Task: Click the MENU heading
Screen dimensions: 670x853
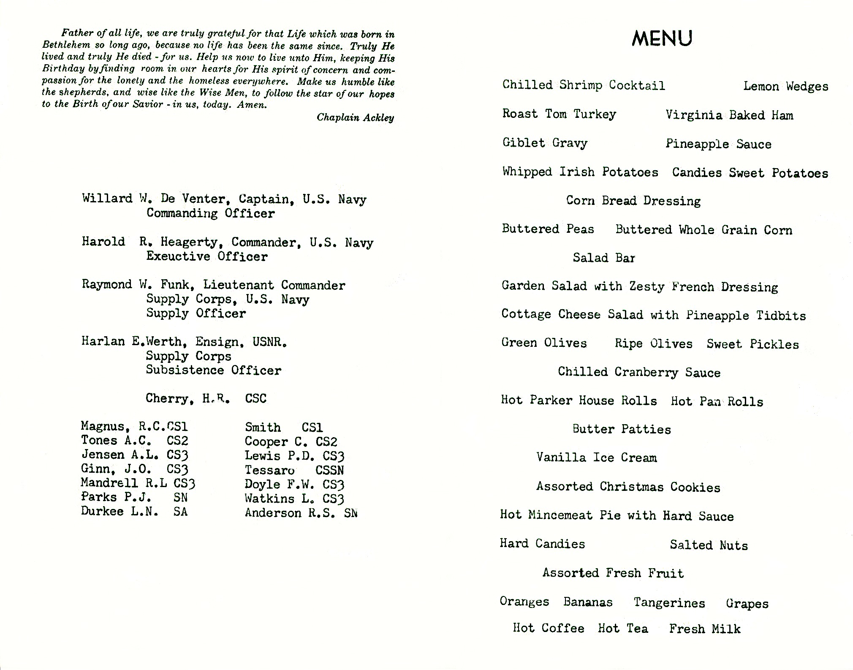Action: click(662, 38)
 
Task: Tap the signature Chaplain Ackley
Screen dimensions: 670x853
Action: click(355, 117)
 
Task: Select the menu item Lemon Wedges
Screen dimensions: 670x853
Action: click(785, 87)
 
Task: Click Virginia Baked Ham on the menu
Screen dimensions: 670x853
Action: click(729, 115)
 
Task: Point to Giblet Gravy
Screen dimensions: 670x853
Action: click(545, 143)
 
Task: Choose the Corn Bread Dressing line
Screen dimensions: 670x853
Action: click(633, 201)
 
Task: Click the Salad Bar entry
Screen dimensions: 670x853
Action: click(603, 258)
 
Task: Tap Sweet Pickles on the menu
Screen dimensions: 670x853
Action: click(752, 344)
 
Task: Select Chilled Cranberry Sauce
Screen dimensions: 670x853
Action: click(639, 372)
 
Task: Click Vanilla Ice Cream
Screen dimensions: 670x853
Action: click(596, 458)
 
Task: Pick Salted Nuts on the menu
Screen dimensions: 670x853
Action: click(709, 545)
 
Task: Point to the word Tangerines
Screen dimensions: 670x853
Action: click(669, 603)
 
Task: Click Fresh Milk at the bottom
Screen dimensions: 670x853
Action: click(704, 629)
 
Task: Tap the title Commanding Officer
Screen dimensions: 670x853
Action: click(210, 213)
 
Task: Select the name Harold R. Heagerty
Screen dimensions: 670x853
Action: click(150, 242)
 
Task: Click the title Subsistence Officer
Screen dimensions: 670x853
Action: click(213, 370)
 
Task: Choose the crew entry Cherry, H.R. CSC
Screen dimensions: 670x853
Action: click(206, 398)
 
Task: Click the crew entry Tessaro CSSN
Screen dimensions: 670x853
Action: click(294, 470)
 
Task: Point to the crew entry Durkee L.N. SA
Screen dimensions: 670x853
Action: click(134, 512)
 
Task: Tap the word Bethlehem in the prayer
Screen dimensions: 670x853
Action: click(66, 45)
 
